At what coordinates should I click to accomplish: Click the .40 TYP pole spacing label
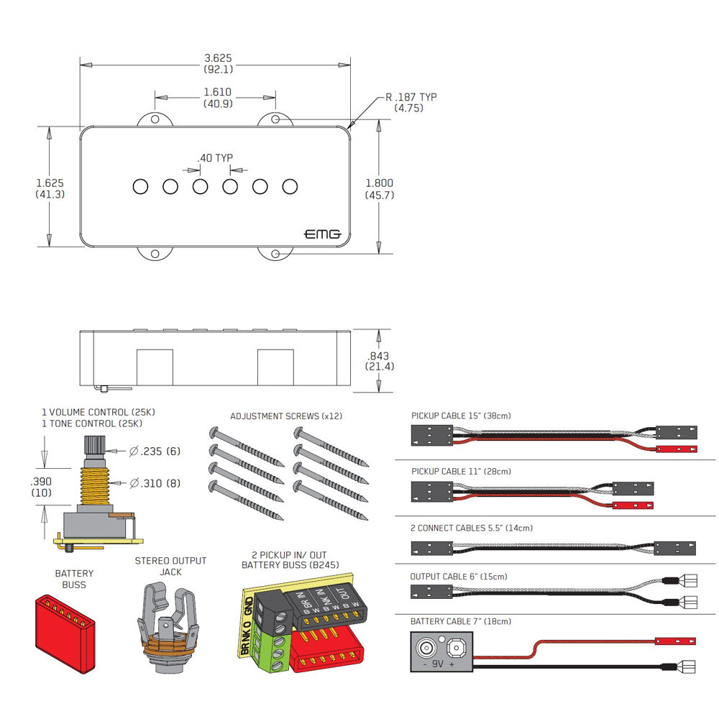(215, 158)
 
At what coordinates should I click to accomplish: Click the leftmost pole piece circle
(140, 187)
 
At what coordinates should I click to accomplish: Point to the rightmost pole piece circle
(290, 187)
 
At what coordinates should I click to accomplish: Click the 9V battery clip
(441, 651)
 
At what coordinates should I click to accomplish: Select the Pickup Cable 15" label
(461, 416)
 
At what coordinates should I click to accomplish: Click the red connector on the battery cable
(675, 640)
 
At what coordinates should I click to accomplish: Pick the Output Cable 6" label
(458, 577)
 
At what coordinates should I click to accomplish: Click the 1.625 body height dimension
(50, 189)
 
